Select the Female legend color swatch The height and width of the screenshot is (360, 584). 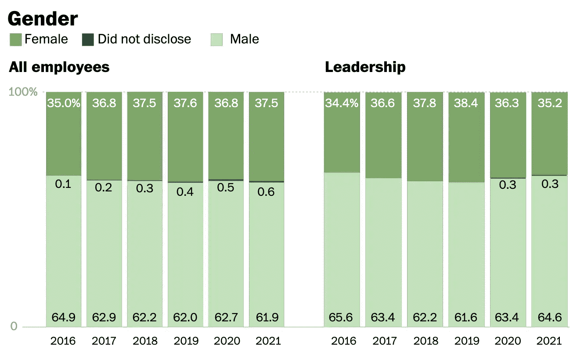pyautogui.click(x=15, y=40)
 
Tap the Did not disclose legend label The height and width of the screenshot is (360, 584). pyautogui.click(x=144, y=40)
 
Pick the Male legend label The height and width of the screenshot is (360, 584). pyautogui.click(x=244, y=40)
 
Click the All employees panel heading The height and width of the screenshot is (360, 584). pyautogui.click(x=59, y=67)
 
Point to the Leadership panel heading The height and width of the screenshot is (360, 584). pyautogui.click(x=365, y=67)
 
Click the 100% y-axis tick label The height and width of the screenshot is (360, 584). pyautogui.click(x=23, y=92)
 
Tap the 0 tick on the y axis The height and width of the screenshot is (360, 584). pyautogui.click(x=14, y=326)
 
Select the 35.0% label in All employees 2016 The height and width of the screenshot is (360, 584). pyautogui.click(x=64, y=104)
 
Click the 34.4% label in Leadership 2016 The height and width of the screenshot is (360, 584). pyautogui.click(x=342, y=104)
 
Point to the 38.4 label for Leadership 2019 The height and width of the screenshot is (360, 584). pyautogui.click(x=466, y=104)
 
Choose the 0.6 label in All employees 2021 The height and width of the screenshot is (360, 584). pyautogui.click(x=266, y=192)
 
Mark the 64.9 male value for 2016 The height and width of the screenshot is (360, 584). pyautogui.click(x=63, y=317)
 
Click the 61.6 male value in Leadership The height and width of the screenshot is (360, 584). pyautogui.click(x=466, y=317)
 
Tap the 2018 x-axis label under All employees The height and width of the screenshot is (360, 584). pyautogui.click(x=145, y=341)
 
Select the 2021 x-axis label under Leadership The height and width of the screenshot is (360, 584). pyautogui.click(x=549, y=341)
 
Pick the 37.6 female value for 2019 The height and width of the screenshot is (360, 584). pyautogui.click(x=185, y=104)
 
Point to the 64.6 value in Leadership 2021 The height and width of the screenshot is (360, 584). pyautogui.click(x=549, y=317)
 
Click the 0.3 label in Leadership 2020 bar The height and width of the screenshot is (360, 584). pyautogui.click(x=508, y=185)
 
